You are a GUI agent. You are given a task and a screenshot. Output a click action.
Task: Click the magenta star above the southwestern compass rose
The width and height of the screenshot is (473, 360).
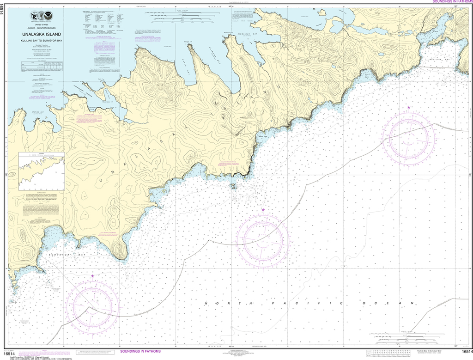(x=93, y=276)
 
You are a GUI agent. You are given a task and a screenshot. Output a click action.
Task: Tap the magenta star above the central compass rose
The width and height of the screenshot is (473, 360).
(x=263, y=210)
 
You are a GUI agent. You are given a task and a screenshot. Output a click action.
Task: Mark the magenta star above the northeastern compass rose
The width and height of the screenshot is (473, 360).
(x=409, y=107)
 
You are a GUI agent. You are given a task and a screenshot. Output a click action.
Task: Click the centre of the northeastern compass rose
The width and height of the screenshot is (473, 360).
(x=411, y=137)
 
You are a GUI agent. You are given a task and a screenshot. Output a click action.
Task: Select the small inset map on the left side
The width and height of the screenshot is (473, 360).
(x=41, y=171)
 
